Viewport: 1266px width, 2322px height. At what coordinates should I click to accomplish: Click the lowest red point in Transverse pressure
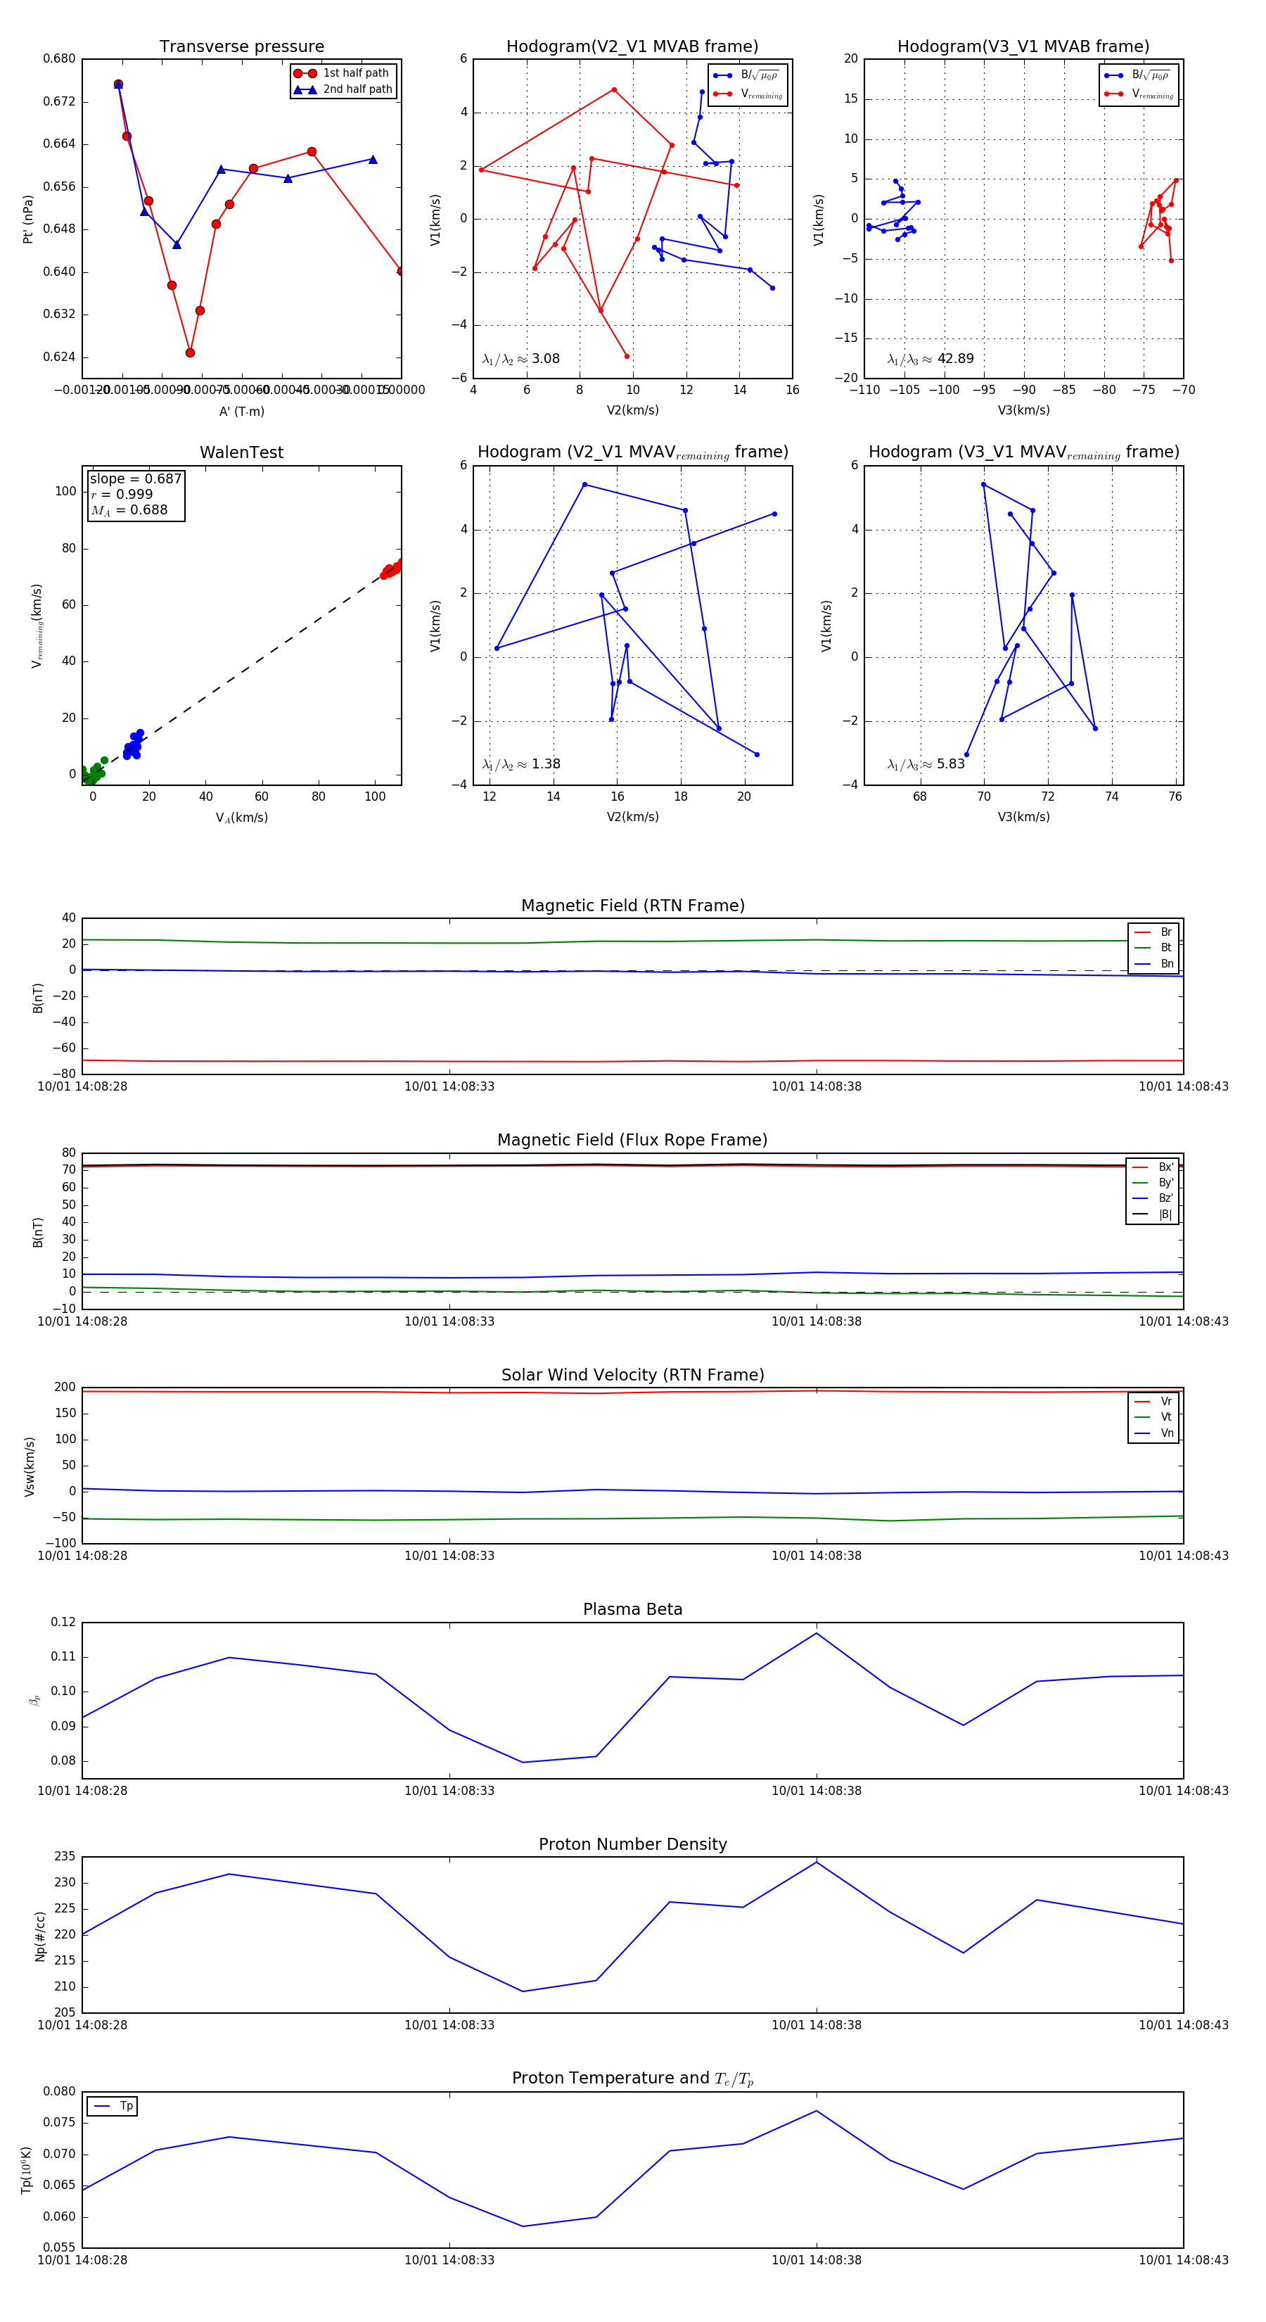click(190, 353)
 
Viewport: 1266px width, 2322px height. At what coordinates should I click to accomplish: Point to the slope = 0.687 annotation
click(135, 478)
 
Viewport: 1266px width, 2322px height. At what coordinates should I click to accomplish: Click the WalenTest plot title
click(241, 452)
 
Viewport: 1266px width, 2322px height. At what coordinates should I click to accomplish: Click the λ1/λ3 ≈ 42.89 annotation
click(931, 359)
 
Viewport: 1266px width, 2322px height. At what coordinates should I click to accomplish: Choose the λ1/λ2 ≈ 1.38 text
click(520, 764)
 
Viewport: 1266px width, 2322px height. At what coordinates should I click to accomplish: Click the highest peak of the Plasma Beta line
click(817, 1633)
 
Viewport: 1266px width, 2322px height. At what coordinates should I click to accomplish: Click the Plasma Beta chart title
click(632, 1609)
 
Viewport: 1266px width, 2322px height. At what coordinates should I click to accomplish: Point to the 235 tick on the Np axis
click(65, 1857)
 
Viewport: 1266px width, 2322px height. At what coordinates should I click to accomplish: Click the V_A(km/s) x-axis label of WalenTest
click(241, 818)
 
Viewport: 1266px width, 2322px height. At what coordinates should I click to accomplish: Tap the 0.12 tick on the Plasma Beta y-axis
click(63, 1623)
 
